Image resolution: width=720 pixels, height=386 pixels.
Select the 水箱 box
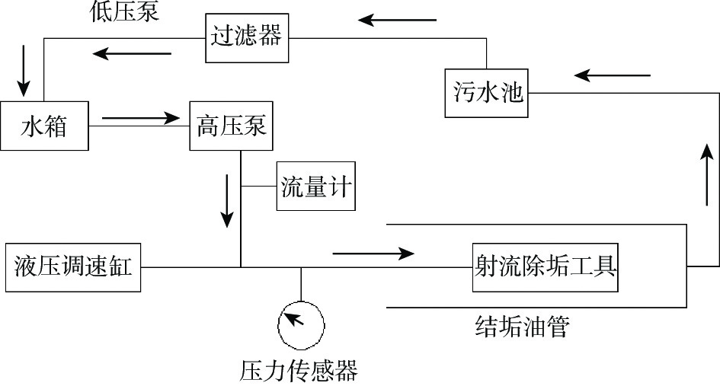(x=44, y=126)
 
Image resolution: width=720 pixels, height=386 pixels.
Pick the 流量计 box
(x=315, y=187)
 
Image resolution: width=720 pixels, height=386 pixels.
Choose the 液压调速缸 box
(x=73, y=267)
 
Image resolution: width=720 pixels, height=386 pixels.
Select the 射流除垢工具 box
(x=545, y=267)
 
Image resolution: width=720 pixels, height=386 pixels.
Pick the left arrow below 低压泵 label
(x=132, y=53)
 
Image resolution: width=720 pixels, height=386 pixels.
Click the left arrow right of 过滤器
(x=398, y=19)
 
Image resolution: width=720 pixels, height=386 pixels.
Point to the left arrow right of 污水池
(x=613, y=75)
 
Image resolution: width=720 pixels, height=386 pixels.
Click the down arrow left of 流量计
(x=227, y=200)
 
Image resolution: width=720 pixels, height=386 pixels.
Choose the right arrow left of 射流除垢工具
(x=374, y=252)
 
